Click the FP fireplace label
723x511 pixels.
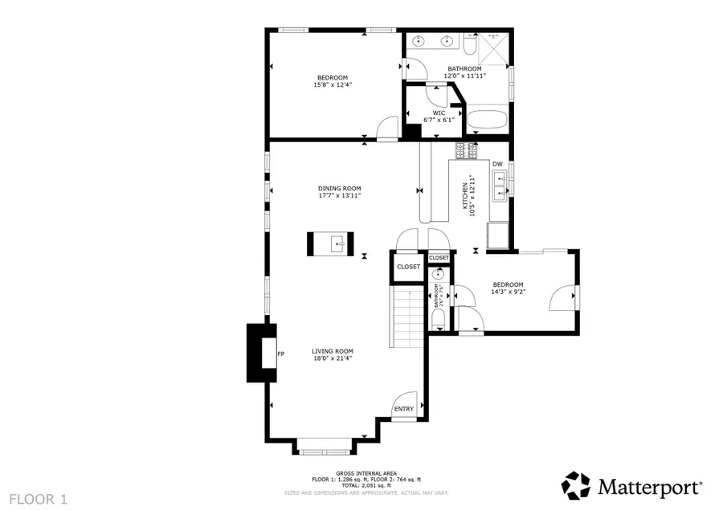[280, 354]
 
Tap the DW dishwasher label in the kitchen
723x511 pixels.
[497, 164]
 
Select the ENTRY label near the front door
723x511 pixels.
[403, 409]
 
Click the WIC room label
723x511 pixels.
[439, 112]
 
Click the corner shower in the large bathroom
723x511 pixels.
[492, 48]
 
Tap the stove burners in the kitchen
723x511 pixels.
[467, 150]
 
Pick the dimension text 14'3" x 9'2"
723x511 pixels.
[508, 292]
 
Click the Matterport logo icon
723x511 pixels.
[576, 486]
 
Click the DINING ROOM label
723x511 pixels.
[339, 187]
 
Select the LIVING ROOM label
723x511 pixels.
[333, 351]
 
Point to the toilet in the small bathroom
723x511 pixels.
[439, 320]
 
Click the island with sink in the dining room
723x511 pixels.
[329, 243]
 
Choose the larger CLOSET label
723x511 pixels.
[408, 267]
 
